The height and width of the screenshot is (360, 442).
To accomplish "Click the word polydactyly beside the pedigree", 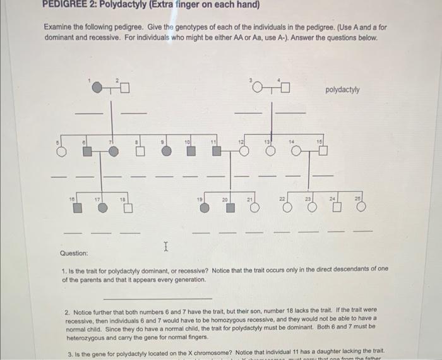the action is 342,90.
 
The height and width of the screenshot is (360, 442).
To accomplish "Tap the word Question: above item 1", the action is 74,253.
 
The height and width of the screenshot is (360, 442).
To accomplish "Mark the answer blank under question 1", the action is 157,298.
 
